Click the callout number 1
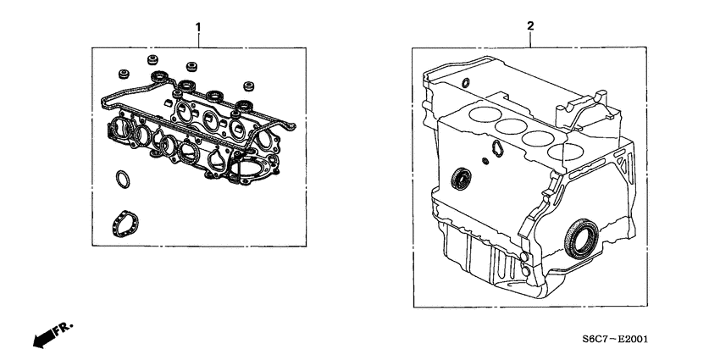(198, 27)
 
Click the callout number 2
(530, 27)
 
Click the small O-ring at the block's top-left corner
(466, 83)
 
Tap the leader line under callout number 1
(198, 41)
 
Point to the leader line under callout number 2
(530, 41)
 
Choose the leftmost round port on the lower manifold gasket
(120, 130)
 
